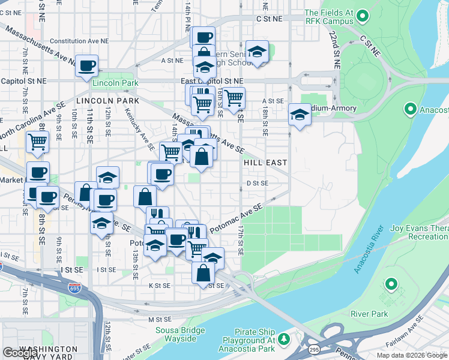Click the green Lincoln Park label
click(116, 83)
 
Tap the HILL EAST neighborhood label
click(265, 163)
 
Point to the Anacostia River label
click(369, 250)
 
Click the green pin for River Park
click(391, 284)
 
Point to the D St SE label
click(257, 184)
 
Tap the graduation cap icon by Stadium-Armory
click(300, 114)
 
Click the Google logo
click(20, 353)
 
